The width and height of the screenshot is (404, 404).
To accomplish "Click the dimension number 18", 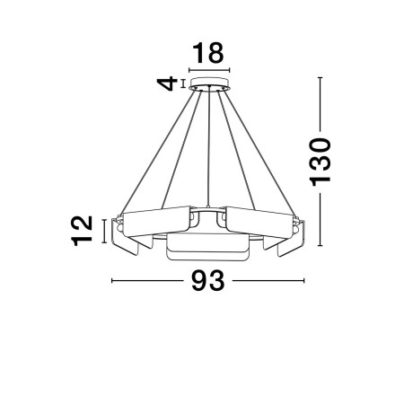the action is [x=208, y=53].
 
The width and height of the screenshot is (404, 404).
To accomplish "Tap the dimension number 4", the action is [x=168, y=83].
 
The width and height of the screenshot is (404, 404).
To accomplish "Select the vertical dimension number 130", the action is [x=321, y=162].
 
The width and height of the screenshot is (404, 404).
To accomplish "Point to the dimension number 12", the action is [x=82, y=231].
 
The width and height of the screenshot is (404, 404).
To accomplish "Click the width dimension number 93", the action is [x=208, y=280].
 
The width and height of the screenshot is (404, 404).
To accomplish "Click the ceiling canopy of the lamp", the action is [x=209, y=83].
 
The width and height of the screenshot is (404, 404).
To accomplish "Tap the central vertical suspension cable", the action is [x=208, y=146].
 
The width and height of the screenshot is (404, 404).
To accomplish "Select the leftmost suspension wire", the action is [x=160, y=152].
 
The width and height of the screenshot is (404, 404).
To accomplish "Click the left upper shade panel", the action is [x=157, y=221].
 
